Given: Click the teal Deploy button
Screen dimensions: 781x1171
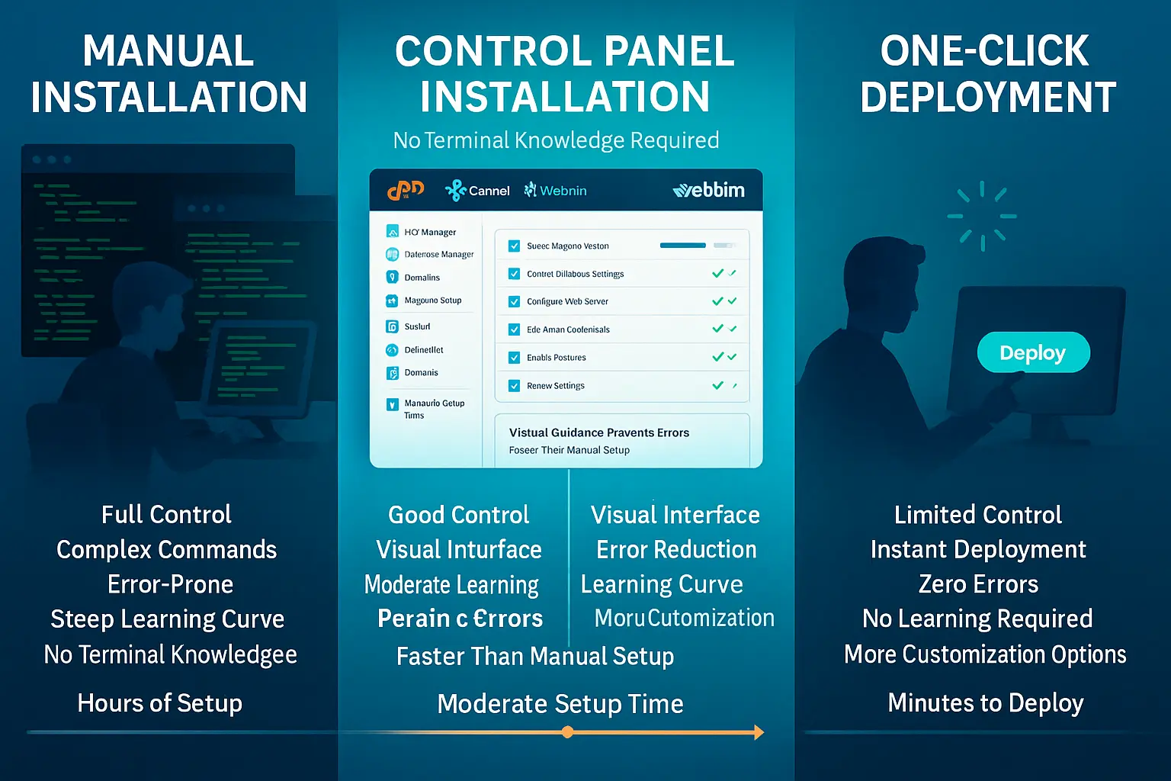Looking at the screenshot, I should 1033,352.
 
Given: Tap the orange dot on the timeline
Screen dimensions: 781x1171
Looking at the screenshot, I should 567,732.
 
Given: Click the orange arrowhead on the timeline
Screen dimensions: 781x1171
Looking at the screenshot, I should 758,732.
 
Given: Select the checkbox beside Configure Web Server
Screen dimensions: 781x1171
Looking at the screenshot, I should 515,301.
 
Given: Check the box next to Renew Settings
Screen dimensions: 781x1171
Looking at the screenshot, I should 515,386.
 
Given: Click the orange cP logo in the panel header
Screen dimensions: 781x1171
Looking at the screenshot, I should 405,190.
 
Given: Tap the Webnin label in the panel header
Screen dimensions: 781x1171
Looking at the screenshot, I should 563,191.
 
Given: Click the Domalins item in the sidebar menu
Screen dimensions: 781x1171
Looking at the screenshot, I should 422,278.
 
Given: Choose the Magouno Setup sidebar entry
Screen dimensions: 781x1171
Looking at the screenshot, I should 432,301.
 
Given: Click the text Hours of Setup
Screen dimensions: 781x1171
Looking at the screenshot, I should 160,702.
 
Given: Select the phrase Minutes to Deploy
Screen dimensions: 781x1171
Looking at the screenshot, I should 985,702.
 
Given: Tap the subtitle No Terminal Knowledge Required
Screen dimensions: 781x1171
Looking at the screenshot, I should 556,140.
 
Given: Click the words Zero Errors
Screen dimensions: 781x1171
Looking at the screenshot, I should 978,584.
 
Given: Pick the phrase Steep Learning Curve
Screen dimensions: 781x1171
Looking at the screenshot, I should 167,619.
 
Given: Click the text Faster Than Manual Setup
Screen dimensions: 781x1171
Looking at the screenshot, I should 535,656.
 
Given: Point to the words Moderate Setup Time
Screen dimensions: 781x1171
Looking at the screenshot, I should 560,703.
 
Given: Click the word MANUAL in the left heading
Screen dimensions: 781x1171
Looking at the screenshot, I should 168,52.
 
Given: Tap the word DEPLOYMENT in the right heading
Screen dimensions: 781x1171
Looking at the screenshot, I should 988,98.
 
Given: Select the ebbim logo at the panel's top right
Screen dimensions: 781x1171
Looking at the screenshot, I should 709,190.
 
